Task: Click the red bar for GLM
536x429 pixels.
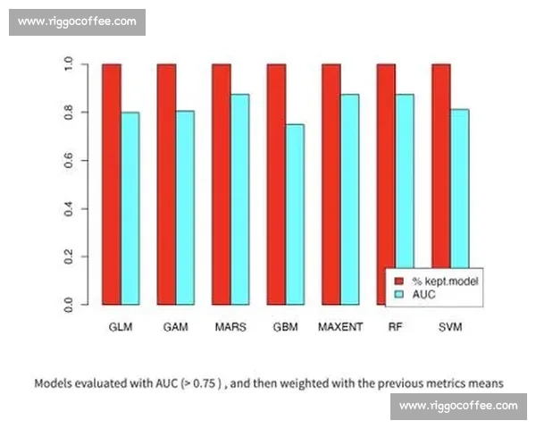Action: [112, 184]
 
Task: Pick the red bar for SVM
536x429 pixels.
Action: [441, 184]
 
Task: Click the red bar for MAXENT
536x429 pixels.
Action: [331, 184]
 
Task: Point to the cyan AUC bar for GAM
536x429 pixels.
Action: [185, 207]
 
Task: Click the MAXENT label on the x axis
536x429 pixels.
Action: [340, 327]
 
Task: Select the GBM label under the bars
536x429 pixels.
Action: [285, 327]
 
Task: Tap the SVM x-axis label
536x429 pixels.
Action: [450, 327]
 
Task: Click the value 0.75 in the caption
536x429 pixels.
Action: [198, 383]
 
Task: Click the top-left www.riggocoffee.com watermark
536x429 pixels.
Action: [78, 21]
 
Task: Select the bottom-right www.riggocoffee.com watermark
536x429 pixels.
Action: [458, 406]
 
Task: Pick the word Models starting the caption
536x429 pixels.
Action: [55, 383]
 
